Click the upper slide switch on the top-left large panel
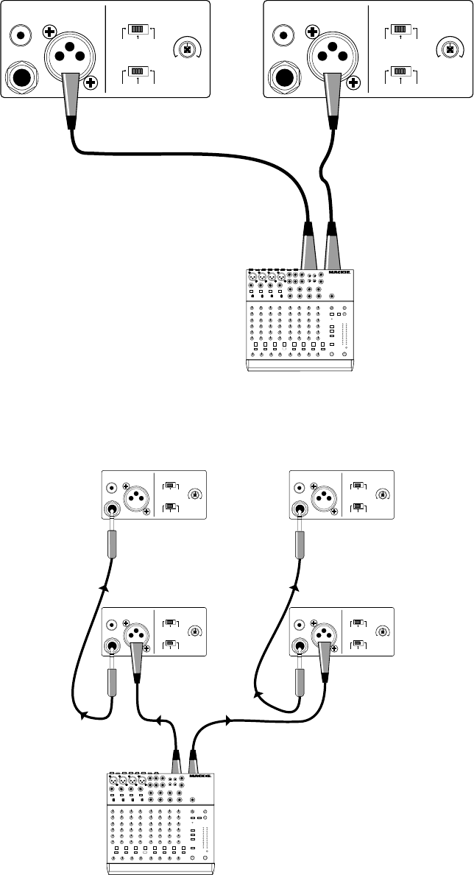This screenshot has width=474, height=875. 138,31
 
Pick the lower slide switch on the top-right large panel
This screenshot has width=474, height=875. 400,71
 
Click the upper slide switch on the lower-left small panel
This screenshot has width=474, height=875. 169,623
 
